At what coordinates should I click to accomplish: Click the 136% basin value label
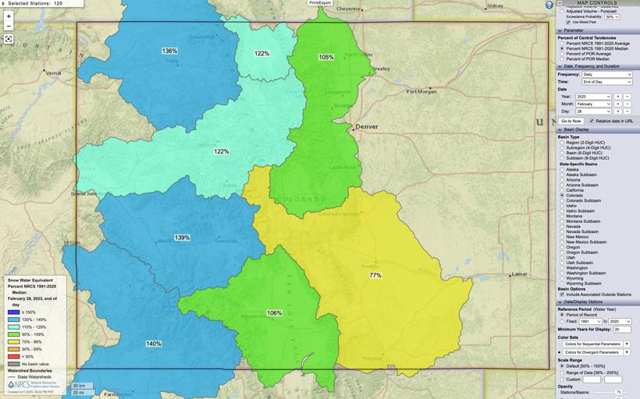coord(169,51)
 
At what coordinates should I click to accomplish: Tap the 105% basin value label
coord(325,57)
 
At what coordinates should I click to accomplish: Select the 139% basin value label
coord(182,237)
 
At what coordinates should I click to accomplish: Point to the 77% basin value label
coord(375,275)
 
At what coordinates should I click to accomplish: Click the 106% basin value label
coord(274,312)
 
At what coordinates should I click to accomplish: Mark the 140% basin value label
coord(154,343)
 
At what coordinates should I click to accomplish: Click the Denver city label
coord(366,126)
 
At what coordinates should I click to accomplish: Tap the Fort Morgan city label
coord(422,91)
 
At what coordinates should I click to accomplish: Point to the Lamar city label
coord(518,274)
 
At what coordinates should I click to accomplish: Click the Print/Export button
coord(320,3)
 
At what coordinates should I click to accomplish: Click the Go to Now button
coord(571,121)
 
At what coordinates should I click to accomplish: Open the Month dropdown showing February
coord(593,103)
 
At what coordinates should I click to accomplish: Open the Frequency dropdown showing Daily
coord(606,74)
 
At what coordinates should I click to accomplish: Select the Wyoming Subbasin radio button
coord(561,283)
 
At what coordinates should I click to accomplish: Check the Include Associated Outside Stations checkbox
coord(561,294)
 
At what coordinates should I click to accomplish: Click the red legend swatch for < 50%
coord(13,357)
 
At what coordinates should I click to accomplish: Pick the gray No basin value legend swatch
coord(13,364)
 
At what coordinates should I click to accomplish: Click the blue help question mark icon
coord(549,5)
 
